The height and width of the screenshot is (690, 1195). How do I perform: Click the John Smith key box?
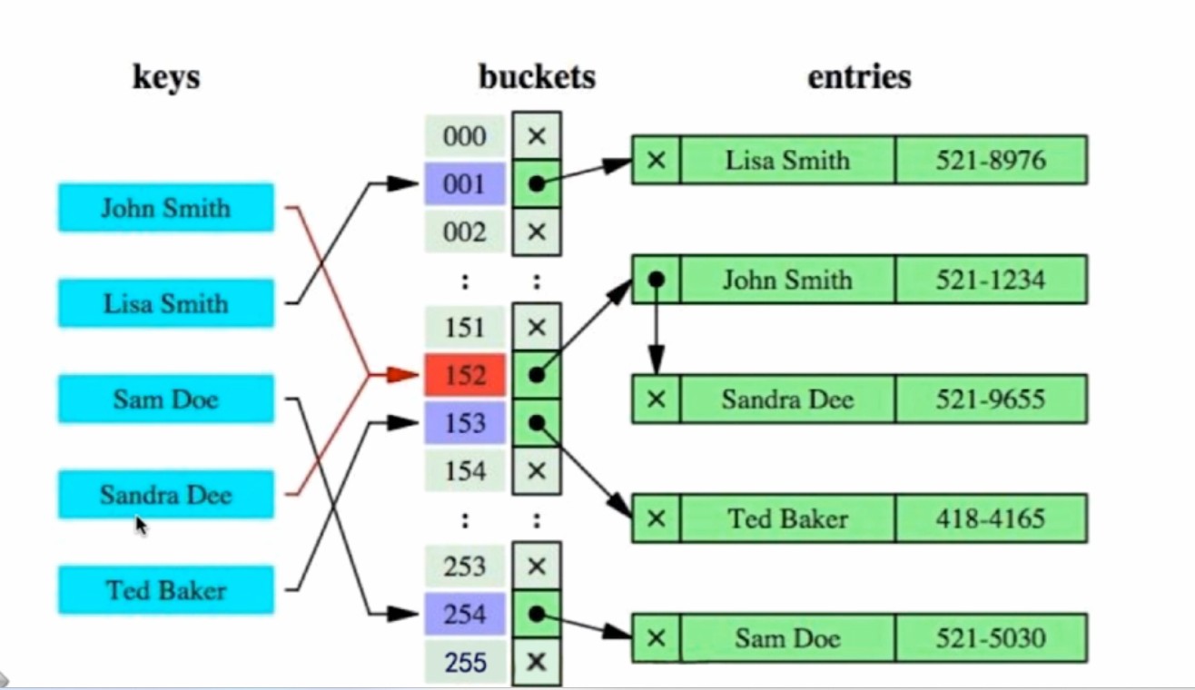tap(165, 208)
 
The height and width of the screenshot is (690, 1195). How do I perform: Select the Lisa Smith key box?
tap(165, 303)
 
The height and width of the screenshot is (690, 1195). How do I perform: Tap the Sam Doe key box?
tap(165, 399)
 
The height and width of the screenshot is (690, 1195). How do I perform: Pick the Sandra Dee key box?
tap(165, 495)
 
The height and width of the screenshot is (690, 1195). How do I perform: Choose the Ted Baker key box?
tap(165, 590)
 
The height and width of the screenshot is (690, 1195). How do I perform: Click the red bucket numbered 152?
tap(465, 375)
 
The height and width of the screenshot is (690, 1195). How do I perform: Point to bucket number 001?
tap(465, 184)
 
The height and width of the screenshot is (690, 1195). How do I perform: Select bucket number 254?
tap(465, 615)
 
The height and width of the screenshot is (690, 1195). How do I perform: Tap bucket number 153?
tap(465, 423)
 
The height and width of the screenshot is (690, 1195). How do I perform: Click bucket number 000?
tap(465, 136)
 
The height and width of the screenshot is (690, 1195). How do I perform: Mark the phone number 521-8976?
tap(991, 161)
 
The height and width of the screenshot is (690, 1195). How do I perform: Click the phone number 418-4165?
tap(991, 518)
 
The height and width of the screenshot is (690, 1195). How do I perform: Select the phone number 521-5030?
tap(991, 638)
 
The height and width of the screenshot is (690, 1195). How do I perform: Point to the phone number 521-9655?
tap(991, 399)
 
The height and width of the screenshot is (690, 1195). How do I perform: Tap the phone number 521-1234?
tap(991, 280)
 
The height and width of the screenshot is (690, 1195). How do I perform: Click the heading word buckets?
tap(537, 77)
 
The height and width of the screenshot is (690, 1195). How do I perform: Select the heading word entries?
tap(859, 77)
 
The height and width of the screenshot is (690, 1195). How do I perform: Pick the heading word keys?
tap(166, 77)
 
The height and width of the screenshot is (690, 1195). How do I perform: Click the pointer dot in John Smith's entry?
tap(657, 280)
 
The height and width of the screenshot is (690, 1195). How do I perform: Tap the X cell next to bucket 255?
tap(537, 662)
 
